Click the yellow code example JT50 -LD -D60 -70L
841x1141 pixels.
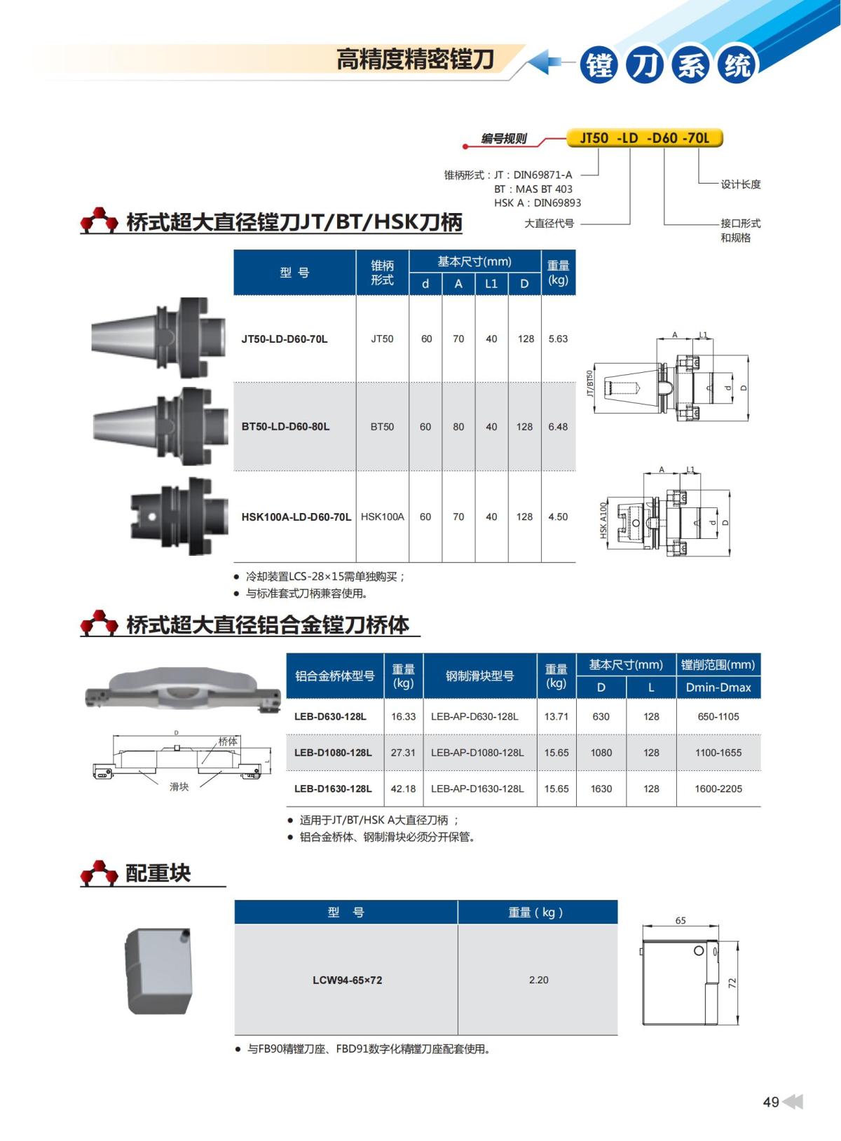(x=644, y=138)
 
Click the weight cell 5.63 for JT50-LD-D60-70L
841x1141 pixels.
(x=558, y=339)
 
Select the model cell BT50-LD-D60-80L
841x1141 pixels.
(x=285, y=426)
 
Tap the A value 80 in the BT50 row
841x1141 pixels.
(x=458, y=426)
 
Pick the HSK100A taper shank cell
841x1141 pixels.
(x=383, y=517)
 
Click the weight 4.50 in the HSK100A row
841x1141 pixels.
(x=558, y=517)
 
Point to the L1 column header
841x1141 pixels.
(x=491, y=284)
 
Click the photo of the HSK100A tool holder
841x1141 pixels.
(x=180, y=517)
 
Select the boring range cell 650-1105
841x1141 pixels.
(x=718, y=716)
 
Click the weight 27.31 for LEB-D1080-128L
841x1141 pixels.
(x=403, y=752)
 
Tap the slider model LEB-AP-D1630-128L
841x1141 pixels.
(x=477, y=788)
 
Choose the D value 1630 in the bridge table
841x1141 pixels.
(x=601, y=788)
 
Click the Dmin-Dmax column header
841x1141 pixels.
(x=718, y=688)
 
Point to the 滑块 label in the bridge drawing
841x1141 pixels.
(x=179, y=786)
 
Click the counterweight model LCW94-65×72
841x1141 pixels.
(x=348, y=980)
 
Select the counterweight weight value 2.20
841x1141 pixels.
(x=538, y=980)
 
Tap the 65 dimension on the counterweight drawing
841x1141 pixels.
(x=681, y=920)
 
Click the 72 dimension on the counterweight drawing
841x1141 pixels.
(x=732, y=983)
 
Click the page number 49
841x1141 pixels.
(x=771, y=1102)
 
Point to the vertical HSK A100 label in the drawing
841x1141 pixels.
(x=603, y=520)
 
